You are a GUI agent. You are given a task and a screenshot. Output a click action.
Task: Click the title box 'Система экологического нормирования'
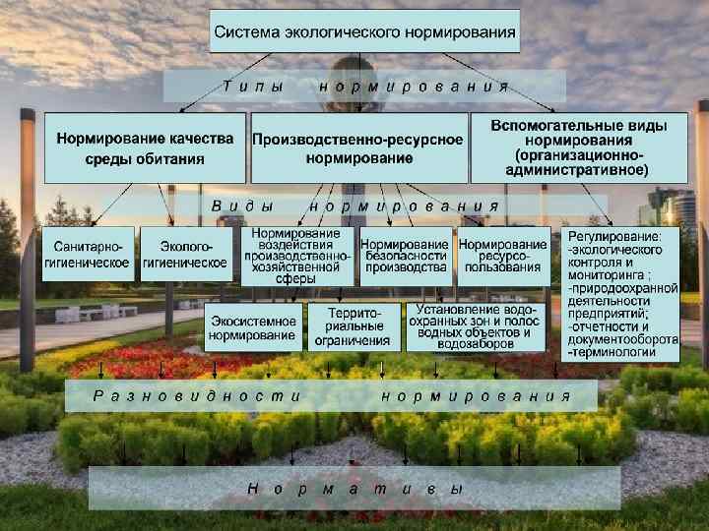(x=365, y=31)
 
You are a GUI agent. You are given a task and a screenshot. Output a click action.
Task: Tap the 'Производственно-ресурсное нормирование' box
(x=357, y=148)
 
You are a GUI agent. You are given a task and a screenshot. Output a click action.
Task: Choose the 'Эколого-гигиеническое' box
(x=184, y=256)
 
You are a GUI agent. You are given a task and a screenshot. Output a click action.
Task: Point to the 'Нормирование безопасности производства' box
(x=404, y=256)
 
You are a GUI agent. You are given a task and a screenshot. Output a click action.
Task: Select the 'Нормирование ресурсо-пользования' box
(x=502, y=256)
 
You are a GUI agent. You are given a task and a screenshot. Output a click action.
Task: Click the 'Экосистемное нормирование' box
(x=252, y=328)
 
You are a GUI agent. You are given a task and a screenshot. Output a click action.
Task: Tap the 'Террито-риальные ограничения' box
(x=353, y=326)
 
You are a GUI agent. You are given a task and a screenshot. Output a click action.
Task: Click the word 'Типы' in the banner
(x=253, y=87)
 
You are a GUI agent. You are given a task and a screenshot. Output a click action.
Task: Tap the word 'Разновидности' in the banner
(x=197, y=396)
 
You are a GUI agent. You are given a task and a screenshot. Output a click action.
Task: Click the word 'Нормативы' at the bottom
(x=354, y=488)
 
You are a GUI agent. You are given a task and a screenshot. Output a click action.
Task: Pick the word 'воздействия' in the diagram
(x=296, y=245)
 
